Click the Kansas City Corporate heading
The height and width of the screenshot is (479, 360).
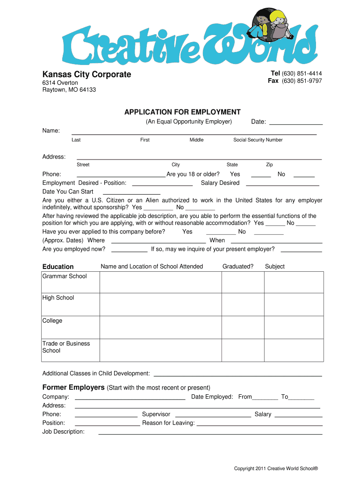[86, 74]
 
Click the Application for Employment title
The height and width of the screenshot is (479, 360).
[182, 112]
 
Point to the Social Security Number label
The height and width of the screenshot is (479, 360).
[258, 140]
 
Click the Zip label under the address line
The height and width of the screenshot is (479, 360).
[269, 165]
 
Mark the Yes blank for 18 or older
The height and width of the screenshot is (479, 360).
[261, 175]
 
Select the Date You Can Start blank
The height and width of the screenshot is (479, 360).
[131, 192]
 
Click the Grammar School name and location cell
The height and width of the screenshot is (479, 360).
[160, 283]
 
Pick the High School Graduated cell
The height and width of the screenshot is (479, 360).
[243, 305]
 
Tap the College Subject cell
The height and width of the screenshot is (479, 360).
[294, 327]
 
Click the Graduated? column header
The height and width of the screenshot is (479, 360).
[238, 267]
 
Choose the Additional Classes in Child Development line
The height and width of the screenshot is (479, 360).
[238, 374]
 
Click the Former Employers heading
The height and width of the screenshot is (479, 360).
[73, 387]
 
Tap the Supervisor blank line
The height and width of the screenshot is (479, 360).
[213, 415]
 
